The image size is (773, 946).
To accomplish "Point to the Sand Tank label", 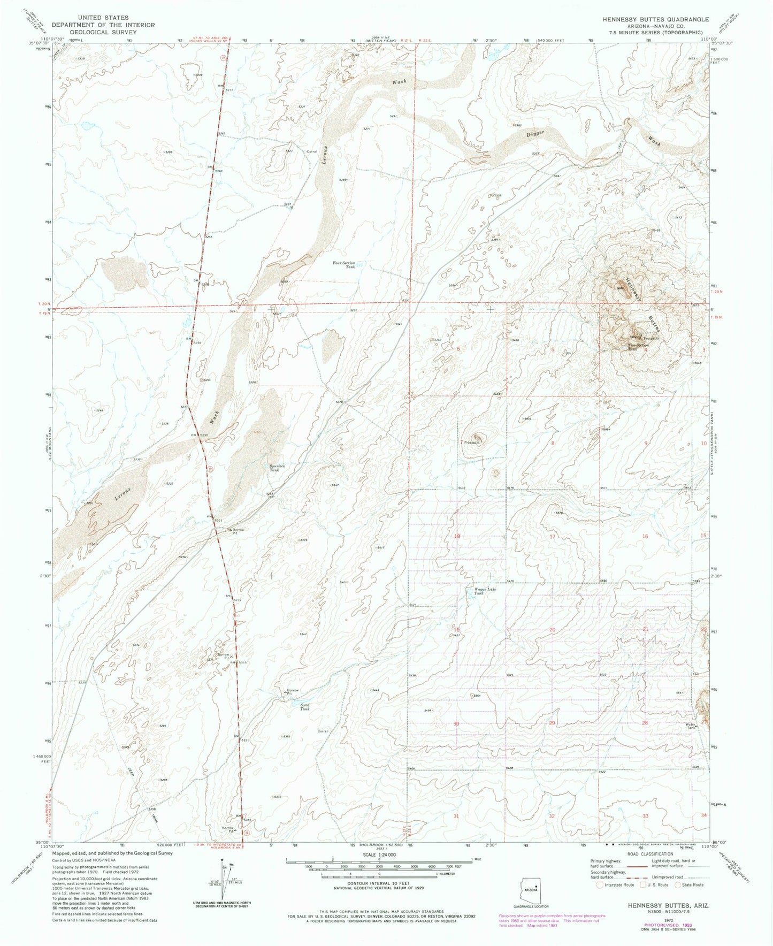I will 304,706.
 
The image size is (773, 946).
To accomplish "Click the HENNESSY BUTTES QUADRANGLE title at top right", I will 655,19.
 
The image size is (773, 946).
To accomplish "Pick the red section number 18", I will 457,536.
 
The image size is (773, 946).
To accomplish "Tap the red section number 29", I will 552,723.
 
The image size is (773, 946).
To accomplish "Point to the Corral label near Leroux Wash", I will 311,151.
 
